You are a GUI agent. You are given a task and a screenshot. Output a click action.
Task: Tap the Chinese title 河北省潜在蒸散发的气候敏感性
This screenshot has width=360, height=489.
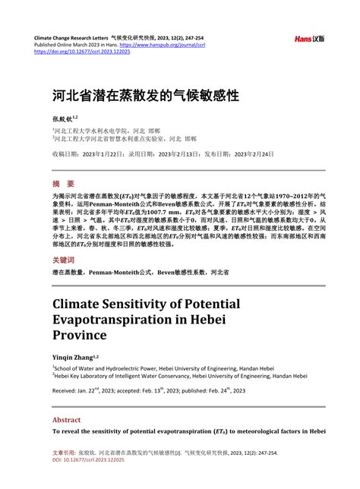(x=135, y=96)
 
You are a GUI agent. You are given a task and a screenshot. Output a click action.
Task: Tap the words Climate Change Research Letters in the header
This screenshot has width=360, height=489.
(x=71, y=36)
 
